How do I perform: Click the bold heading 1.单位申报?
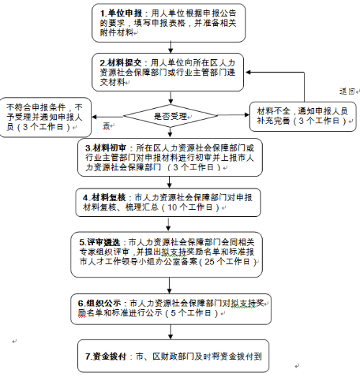point(121,14)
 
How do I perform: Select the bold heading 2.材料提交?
point(121,63)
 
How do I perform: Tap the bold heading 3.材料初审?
point(106,148)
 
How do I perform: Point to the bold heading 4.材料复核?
point(104,198)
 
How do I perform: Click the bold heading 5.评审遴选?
point(100,242)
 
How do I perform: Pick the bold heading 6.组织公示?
point(99,303)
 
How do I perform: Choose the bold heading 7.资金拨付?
point(106,356)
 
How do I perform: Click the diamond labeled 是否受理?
point(171,116)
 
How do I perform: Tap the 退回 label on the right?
point(347,92)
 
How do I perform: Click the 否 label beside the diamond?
point(106,125)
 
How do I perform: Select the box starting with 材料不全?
point(302,117)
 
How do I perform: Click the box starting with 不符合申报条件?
point(45,117)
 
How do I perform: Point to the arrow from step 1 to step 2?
point(171,48)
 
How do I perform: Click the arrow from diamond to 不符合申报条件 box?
point(107,117)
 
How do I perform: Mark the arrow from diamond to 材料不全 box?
point(233,115)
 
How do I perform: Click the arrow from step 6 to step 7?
point(171,332)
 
